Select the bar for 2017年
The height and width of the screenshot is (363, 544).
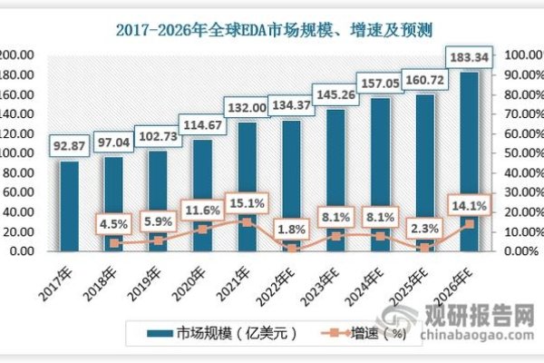point(69,207)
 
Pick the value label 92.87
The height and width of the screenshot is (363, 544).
point(69,144)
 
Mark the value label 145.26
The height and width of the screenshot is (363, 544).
point(335,93)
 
